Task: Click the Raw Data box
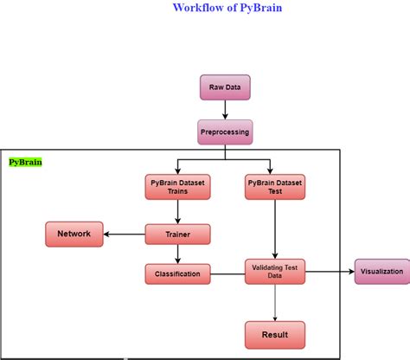(x=226, y=87)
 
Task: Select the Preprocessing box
(x=226, y=132)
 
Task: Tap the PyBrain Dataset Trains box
(x=177, y=188)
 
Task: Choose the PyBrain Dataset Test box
(x=274, y=188)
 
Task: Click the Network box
(x=74, y=233)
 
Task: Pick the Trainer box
(x=177, y=233)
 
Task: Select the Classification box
(x=177, y=274)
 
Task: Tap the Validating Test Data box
(x=274, y=272)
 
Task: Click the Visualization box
(x=381, y=272)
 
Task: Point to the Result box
(x=274, y=333)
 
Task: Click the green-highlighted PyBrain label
(x=25, y=162)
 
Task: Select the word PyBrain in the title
(x=261, y=8)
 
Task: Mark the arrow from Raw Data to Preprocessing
(x=226, y=109)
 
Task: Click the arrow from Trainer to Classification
(x=177, y=254)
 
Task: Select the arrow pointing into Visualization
(x=330, y=272)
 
